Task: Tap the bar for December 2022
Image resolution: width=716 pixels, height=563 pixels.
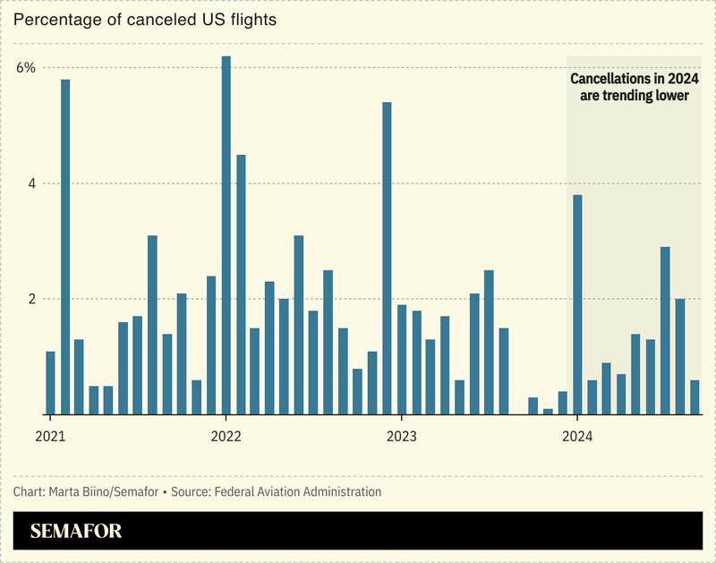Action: (387, 259)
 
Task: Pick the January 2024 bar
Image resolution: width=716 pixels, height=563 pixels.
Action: (577, 304)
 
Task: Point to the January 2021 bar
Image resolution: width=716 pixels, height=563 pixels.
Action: (50, 383)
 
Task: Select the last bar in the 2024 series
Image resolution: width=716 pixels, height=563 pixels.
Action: (695, 397)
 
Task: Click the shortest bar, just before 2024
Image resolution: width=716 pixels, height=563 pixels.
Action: (548, 412)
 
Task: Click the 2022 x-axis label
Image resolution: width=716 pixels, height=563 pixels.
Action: (226, 437)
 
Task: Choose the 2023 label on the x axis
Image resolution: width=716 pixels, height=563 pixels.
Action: (401, 437)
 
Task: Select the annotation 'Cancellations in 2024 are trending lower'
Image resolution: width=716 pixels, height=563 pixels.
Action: (635, 87)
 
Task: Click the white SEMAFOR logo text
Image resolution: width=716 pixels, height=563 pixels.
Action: (76, 531)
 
